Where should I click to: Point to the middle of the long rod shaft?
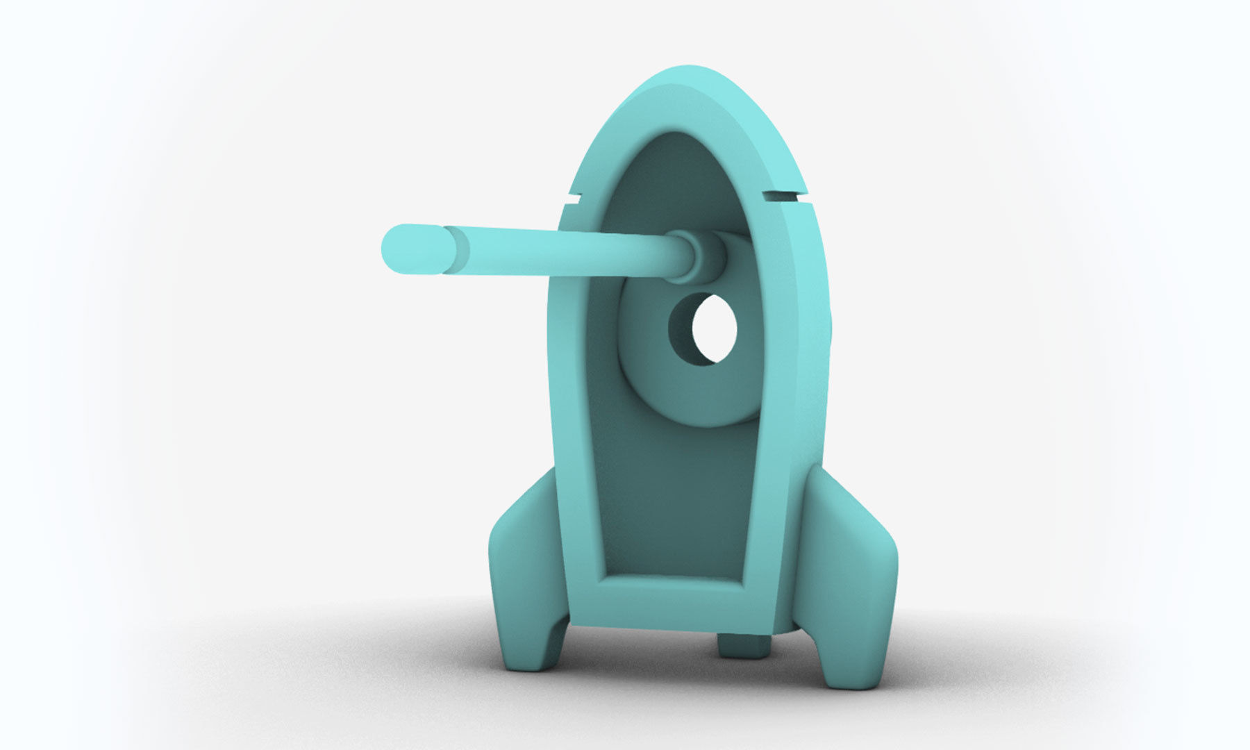coord(556,253)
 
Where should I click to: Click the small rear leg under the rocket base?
coord(744,646)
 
